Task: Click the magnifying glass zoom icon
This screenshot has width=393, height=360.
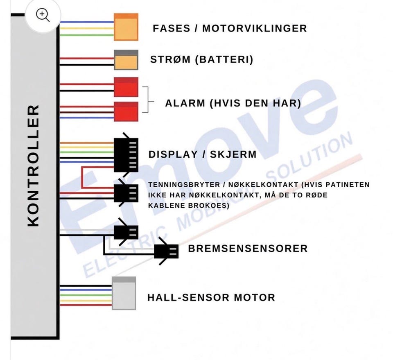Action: (43, 15)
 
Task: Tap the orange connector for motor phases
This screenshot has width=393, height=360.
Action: (126, 27)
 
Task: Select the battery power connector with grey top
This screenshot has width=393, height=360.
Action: (126, 60)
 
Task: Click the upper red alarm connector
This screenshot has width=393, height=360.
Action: (126, 87)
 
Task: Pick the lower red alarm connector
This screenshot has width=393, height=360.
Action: (126, 111)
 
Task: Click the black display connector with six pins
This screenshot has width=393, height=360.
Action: (126, 155)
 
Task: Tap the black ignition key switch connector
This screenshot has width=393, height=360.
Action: (126, 193)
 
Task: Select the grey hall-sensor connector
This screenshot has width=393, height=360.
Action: (124, 293)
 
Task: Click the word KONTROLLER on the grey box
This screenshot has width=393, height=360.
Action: (33, 166)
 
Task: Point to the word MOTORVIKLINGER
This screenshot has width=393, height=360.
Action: (254, 28)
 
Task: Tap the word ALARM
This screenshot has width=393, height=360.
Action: (185, 103)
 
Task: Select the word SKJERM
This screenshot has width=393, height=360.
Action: (233, 154)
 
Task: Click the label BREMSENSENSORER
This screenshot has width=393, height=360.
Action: (248, 249)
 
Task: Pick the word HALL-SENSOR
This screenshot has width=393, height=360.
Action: (188, 298)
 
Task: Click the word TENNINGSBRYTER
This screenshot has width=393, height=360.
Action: (184, 185)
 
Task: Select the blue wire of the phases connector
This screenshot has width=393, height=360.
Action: (87, 22)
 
